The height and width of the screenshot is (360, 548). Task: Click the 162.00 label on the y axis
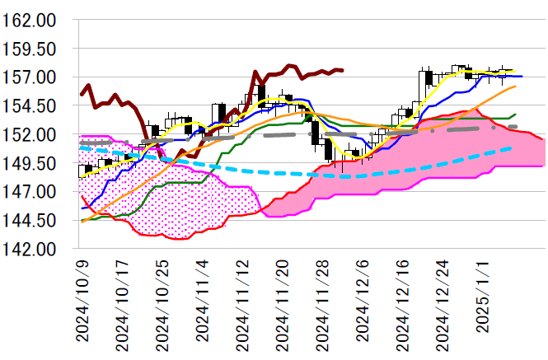[30, 20]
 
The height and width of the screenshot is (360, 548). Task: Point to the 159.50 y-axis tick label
[30, 49]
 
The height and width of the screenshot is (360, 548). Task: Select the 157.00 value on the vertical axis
[30, 77]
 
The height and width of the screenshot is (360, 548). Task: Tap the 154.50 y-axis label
[30, 106]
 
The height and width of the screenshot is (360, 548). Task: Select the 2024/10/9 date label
[82, 302]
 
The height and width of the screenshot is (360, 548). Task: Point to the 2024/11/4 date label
[203, 302]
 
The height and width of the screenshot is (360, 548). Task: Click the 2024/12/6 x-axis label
[363, 302]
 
